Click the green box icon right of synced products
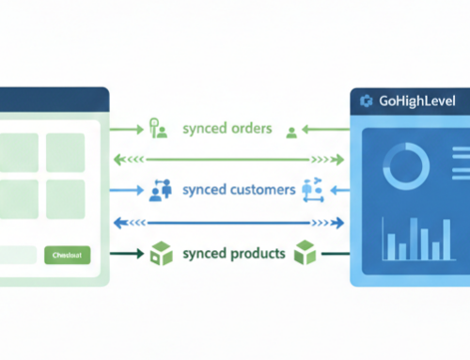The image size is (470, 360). coord(304,253)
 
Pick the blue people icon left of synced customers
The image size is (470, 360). coord(158,191)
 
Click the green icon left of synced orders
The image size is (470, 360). coord(157,130)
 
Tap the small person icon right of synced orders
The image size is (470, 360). coord(292,132)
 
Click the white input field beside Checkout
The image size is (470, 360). coord(16,255)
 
